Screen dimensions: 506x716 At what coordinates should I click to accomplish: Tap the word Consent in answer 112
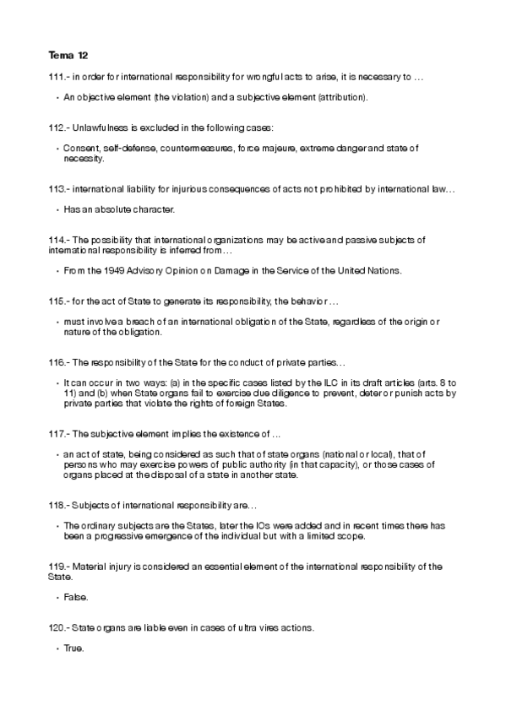tap(80, 149)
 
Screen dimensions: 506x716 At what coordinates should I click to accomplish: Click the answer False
tap(75, 597)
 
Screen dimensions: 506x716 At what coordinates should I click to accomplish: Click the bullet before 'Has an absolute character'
tap(56, 209)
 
